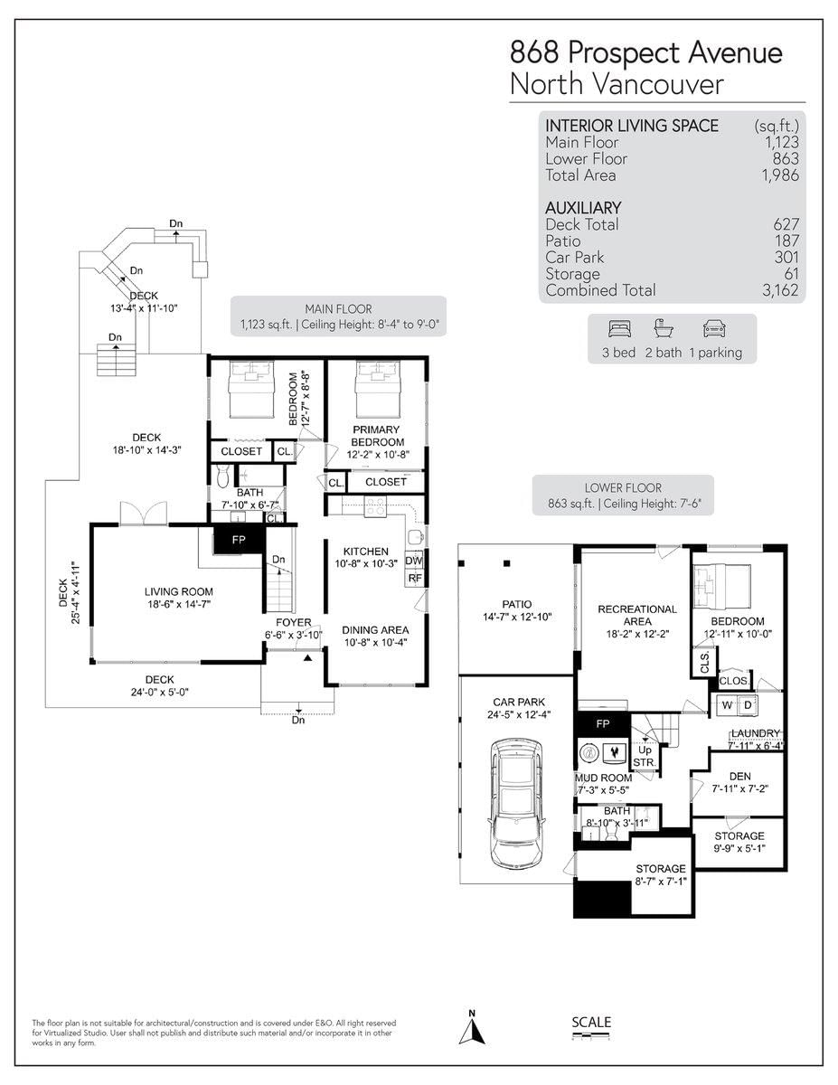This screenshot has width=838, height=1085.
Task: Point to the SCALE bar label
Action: point(591,1022)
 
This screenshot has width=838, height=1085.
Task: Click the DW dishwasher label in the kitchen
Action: point(413,561)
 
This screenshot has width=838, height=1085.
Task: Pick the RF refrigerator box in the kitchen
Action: point(415,579)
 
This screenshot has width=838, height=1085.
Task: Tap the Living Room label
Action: point(179,598)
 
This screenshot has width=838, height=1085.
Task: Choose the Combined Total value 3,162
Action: point(781,290)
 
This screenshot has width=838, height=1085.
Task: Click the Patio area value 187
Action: point(786,241)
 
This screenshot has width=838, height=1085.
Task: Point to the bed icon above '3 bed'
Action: point(619,328)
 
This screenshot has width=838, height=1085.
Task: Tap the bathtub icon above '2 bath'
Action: point(664,328)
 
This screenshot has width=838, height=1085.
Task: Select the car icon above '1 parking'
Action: point(714,328)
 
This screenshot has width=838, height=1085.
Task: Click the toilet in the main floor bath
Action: point(223,476)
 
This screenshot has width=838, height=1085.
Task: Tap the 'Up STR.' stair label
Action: point(645,756)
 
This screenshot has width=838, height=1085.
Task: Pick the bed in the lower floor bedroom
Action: point(722,582)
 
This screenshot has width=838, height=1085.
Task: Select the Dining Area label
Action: point(375,637)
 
